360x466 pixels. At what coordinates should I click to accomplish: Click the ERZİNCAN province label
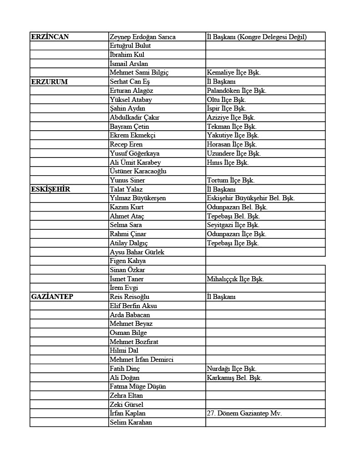(50, 37)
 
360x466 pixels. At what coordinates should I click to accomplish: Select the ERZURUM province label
(49, 82)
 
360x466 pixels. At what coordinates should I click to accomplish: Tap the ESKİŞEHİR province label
(51, 189)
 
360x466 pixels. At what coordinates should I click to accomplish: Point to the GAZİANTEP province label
(52, 297)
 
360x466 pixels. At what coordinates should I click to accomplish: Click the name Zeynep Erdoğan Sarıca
(142, 37)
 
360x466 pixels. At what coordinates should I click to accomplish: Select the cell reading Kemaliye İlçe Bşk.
(233, 73)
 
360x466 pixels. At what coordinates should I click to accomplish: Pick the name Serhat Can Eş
(130, 82)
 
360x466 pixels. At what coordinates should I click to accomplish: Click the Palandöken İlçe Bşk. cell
(236, 91)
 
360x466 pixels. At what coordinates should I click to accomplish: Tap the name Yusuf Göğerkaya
(134, 153)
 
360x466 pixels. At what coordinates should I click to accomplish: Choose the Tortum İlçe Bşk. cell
(230, 180)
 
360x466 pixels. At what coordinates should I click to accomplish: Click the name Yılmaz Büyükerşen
(137, 198)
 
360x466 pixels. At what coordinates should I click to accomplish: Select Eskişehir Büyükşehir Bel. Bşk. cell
(250, 198)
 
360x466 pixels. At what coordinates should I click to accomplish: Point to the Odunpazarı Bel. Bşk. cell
(237, 207)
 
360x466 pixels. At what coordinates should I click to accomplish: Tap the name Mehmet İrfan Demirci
(142, 360)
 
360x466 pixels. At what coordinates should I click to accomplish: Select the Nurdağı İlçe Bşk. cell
(231, 369)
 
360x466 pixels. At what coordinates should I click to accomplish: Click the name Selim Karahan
(131, 422)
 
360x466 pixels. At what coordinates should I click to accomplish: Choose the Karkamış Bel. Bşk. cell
(234, 378)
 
